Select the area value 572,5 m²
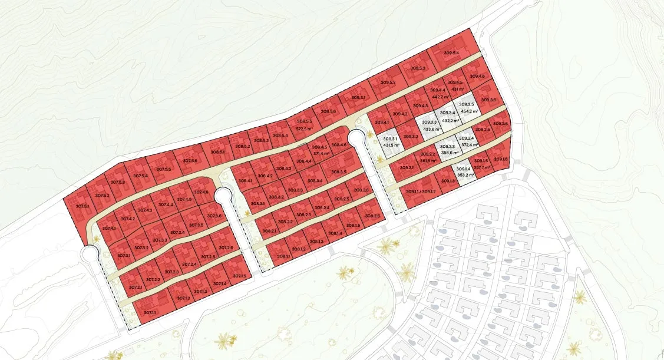click(305, 128)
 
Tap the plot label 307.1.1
click(150, 311)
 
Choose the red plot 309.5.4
click(451, 54)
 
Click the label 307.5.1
click(82, 206)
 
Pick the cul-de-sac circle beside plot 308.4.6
click(356, 140)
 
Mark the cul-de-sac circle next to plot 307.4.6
click(223, 196)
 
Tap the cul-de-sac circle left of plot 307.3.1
click(90, 254)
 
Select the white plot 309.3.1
click(391, 141)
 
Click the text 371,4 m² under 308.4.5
click(321, 153)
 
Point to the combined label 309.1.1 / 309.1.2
click(421, 191)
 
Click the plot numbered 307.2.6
click(226, 247)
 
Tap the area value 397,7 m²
click(481, 167)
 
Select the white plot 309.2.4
click(467, 141)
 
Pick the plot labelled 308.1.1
click(283, 256)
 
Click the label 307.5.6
click(190, 160)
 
